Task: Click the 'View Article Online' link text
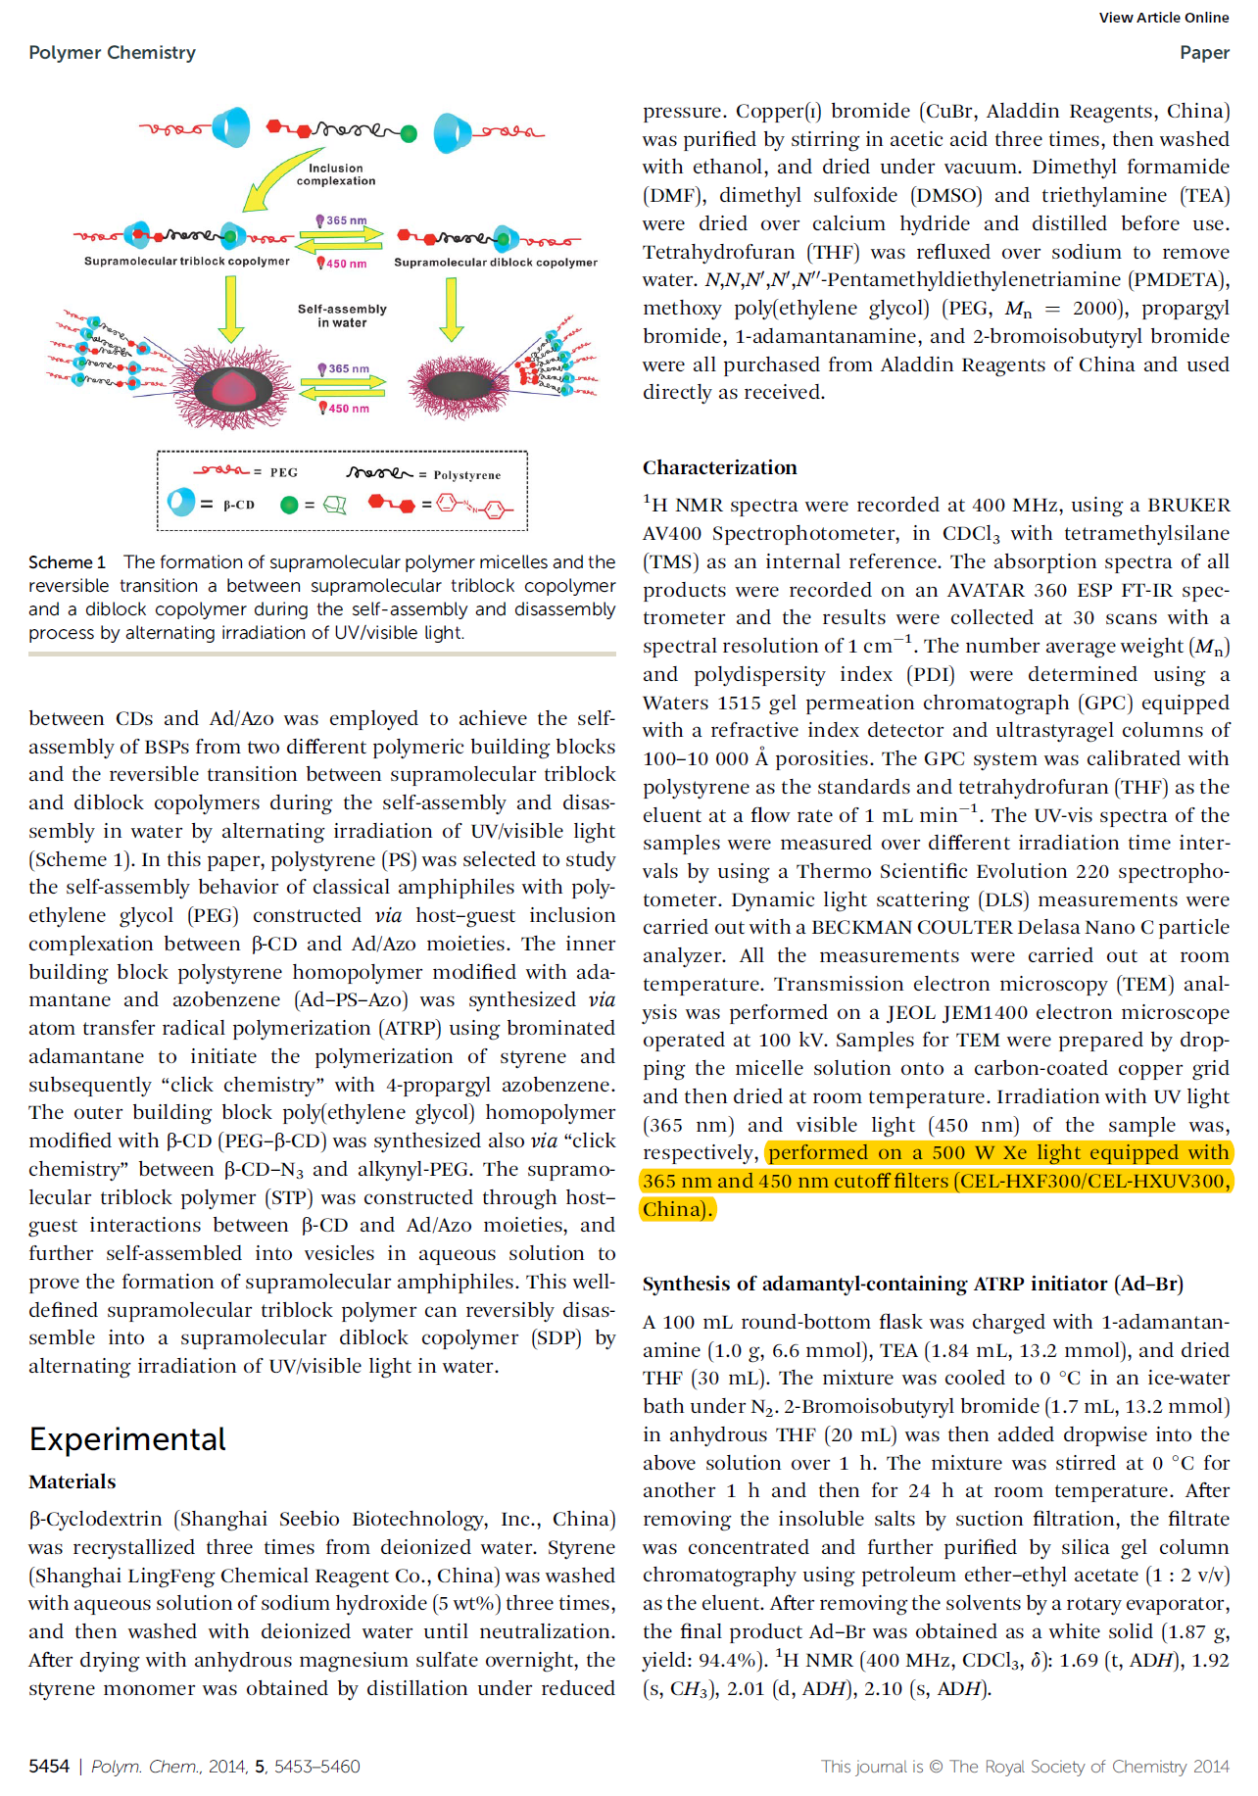pyautogui.click(x=1163, y=18)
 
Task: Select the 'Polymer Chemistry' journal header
pyautogui.click(x=112, y=53)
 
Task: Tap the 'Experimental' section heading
pyautogui.click(x=127, y=1439)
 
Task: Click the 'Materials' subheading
pyautogui.click(x=73, y=1481)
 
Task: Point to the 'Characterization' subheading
pyautogui.click(x=719, y=467)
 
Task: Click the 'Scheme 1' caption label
pyautogui.click(x=67, y=562)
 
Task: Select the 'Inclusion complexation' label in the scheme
pyautogui.click(x=336, y=174)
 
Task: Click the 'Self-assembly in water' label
pyautogui.click(x=342, y=316)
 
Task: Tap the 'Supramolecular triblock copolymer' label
pyautogui.click(x=186, y=262)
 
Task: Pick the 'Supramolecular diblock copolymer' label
pyautogui.click(x=495, y=263)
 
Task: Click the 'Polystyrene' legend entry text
pyautogui.click(x=467, y=475)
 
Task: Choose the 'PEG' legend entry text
pyautogui.click(x=284, y=472)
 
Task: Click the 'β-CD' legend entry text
pyautogui.click(x=239, y=506)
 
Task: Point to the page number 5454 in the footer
pyautogui.click(x=49, y=1767)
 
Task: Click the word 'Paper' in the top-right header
pyautogui.click(x=1204, y=53)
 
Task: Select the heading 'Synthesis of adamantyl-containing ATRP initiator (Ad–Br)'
pyautogui.click(x=912, y=1284)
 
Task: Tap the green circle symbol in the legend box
pyautogui.click(x=289, y=506)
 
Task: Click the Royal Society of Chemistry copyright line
pyautogui.click(x=1025, y=1767)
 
